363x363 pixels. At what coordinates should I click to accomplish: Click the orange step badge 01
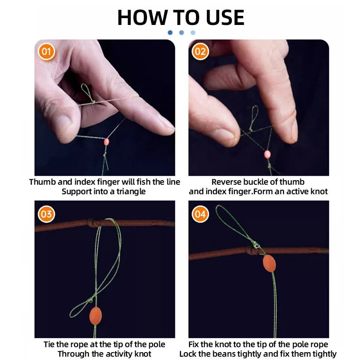click(46, 51)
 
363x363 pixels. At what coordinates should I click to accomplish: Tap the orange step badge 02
click(200, 51)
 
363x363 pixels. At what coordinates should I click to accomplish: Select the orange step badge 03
click(46, 214)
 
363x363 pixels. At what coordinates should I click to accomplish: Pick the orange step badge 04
click(200, 214)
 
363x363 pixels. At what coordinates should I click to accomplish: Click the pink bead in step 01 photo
click(107, 142)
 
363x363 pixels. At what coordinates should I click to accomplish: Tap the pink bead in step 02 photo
click(267, 154)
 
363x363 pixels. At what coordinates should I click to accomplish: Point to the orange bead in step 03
click(96, 316)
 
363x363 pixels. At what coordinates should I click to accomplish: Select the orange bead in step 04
click(269, 263)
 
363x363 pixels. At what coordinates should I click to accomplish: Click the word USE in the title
click(225, 18)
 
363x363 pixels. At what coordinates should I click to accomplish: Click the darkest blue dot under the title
click(170, 33)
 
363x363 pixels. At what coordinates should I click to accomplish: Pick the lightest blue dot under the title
click(193, 33)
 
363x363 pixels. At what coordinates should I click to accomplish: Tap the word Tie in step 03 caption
click(49, 344)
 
